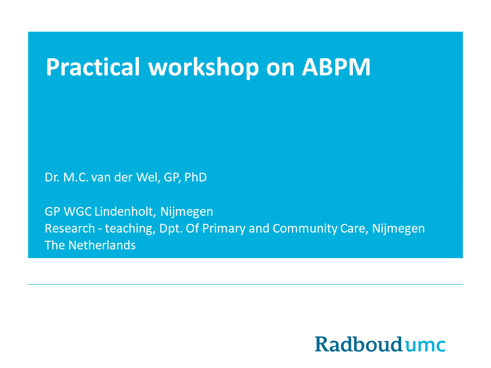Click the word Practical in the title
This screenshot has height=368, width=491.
pos(93,67)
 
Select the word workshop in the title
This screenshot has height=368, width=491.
pos(204,67)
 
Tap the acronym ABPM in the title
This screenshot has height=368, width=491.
pos(336,67)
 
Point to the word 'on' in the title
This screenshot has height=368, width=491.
pos(280,70)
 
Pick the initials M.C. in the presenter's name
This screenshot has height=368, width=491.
pos(76,177)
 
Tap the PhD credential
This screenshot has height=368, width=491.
pos(195,177)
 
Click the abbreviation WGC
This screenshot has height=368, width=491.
pos(78,212)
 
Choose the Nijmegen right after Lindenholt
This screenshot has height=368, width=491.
pos(187,212)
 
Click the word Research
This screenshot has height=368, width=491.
pos(70,228)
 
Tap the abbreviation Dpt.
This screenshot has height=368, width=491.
pos(171,229)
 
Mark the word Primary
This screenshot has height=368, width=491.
pos(224,229)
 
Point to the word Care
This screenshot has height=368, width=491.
pos(354,229)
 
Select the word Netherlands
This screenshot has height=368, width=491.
pos(102,245)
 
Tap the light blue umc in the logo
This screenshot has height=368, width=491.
pos(425,346)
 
